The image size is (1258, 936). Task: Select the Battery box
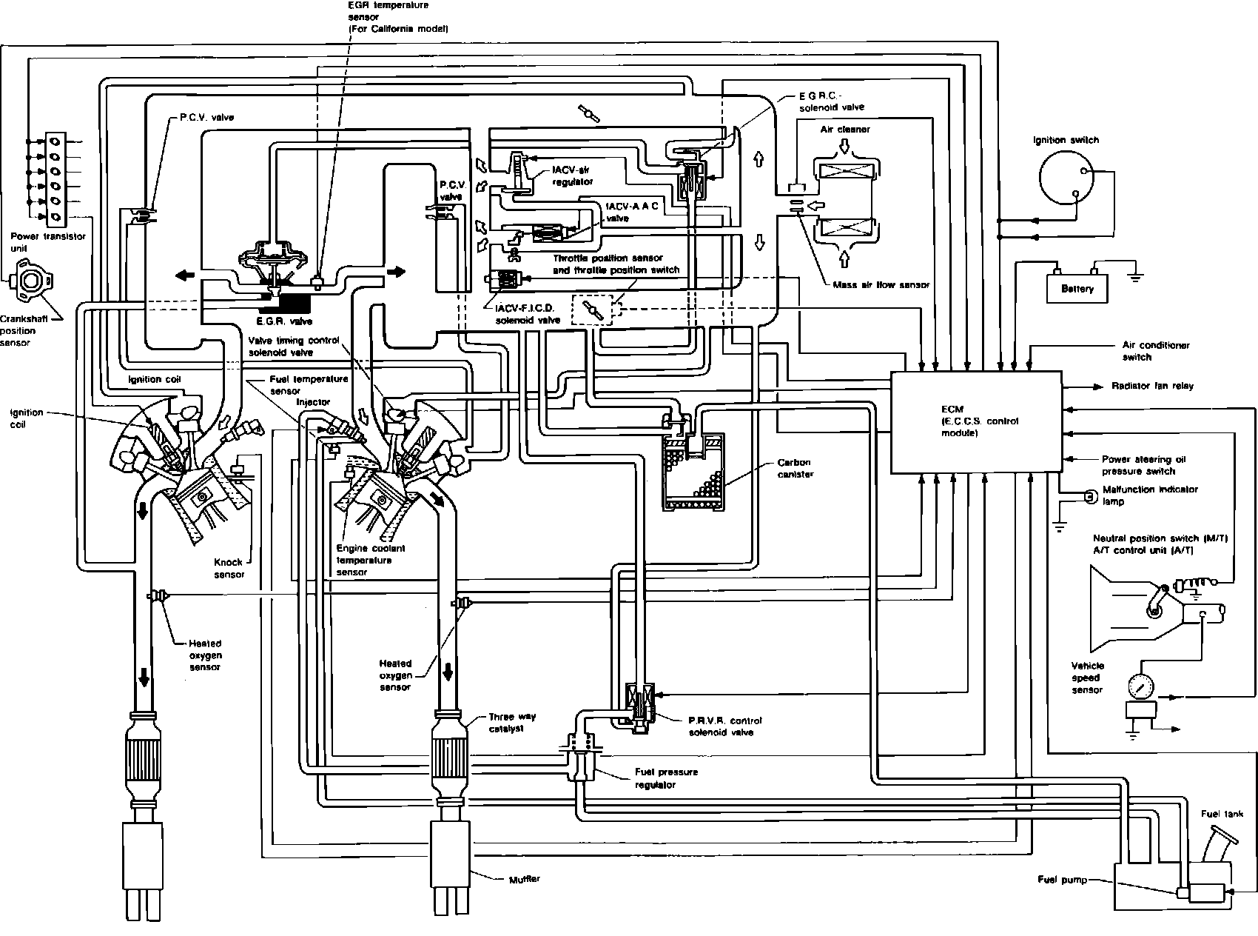1077,287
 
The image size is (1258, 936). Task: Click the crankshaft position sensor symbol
30,281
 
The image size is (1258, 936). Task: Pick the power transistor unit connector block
56,178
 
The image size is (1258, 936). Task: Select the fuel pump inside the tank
1204,892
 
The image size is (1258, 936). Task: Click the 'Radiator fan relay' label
1152,386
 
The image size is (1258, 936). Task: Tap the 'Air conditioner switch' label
1146,351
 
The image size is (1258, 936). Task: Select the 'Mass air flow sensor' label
881,284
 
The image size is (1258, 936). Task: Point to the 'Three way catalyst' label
512,723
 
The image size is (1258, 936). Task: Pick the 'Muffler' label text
525,879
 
